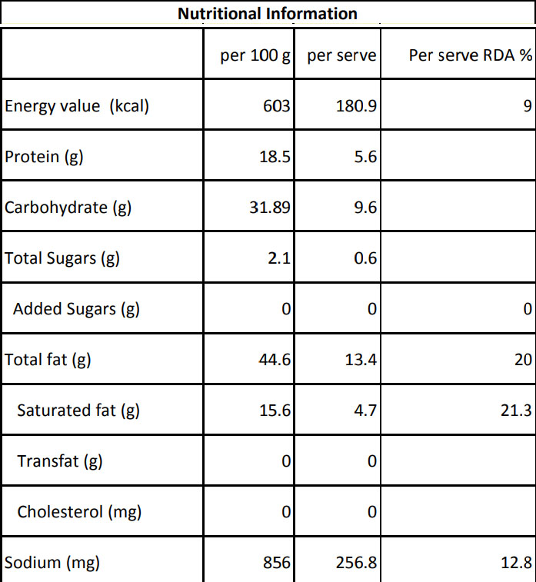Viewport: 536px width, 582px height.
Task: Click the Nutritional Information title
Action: click(x=268, y=14)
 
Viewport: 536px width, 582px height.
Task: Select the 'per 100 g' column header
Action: click(x=255, y=56)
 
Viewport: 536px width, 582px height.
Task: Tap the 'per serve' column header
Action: click(x=341, y=56)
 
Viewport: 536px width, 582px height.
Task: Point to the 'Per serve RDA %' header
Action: click(x=470, y=56)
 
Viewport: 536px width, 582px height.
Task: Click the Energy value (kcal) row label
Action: click(x=77, y=106)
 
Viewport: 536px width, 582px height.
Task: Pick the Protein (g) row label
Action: click(x=44, y=157)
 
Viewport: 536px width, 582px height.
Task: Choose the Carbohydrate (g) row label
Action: click(x=68, y=208)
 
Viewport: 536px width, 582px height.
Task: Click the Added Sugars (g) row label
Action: click(x=76, y=309)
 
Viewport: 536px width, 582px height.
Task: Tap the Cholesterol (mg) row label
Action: click(x=79, y=511)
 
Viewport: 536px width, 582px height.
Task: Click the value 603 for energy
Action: click(x=278, y=106)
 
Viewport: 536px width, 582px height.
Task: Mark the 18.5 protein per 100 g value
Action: click(x=275, y=157)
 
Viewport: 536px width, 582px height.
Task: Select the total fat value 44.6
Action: click(x=275, y=359)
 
